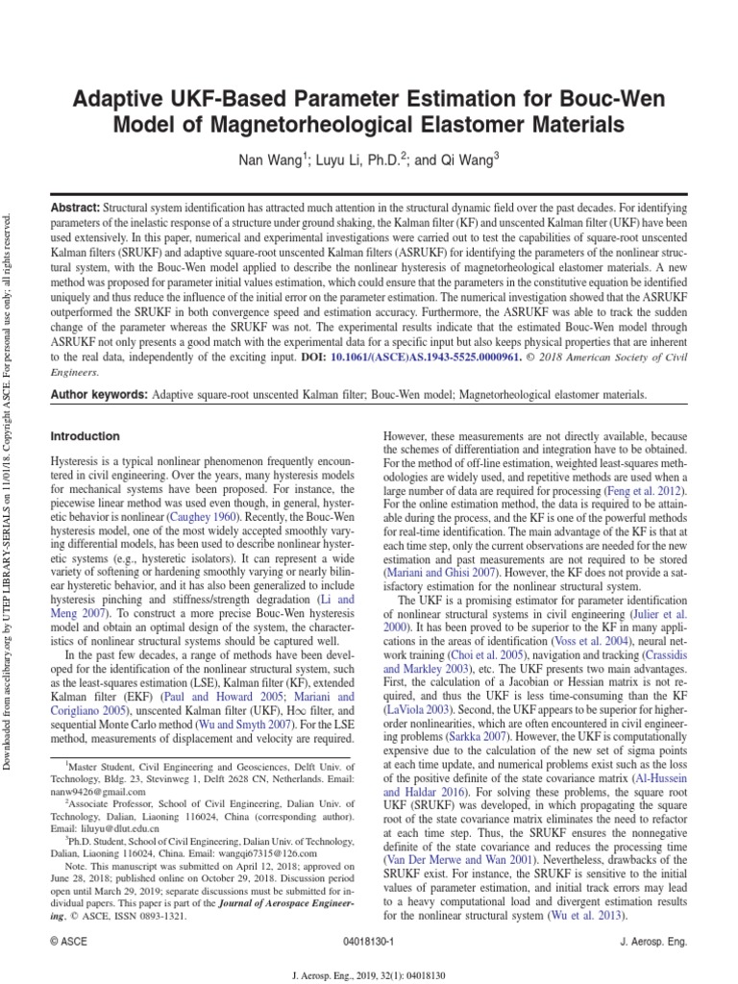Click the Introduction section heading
pos(86,436)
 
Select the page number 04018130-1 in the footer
pos(370,944)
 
